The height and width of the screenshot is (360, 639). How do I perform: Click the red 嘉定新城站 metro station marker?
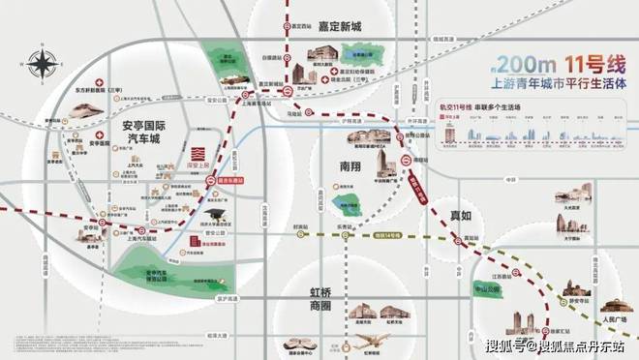tap(289, 91)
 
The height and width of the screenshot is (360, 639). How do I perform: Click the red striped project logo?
tap(197, 155)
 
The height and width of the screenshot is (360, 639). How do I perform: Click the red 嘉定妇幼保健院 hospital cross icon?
tap(334, 73)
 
